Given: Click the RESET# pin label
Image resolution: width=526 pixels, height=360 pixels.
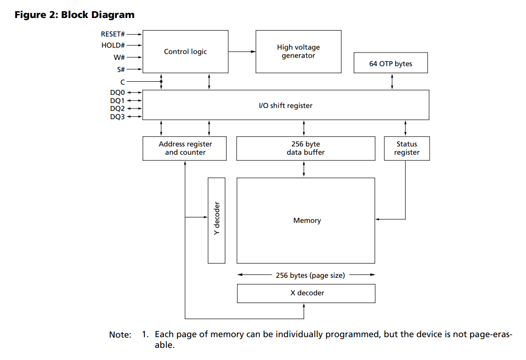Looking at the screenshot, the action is tap(113, 34).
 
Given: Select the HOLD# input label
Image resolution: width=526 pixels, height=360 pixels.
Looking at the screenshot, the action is tap(113, 45).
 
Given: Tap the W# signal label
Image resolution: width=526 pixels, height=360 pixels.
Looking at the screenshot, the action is tap(119, 57).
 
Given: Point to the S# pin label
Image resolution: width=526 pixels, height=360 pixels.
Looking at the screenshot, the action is tap(121, 70).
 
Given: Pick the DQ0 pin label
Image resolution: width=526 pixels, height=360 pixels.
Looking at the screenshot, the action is tap(117, 92).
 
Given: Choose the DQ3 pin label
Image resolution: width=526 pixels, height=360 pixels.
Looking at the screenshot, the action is tap(117, 117).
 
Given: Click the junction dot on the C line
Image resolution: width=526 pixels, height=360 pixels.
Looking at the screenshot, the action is tap(162, 82).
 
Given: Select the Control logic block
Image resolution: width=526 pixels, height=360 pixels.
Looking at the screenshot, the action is tap(185, 52).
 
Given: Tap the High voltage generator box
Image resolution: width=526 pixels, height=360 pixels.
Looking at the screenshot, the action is tap(299, 52).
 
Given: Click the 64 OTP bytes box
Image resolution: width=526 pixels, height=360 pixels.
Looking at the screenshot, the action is tap(391, 63).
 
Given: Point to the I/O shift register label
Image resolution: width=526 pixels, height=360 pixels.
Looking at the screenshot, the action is tap(286, 106).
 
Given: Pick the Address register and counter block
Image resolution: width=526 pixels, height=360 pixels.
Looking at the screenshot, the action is tap(184, 148).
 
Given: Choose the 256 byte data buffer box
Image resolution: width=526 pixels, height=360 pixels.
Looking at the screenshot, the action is tap(306, 148).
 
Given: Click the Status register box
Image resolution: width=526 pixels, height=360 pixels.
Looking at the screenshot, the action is tap(407, 148).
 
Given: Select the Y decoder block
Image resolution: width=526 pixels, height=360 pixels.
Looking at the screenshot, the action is tap(217, 220).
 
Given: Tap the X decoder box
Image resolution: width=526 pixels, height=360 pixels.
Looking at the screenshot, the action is tap(306, 293).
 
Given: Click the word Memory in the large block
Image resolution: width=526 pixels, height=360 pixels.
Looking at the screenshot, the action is tap(307, 220).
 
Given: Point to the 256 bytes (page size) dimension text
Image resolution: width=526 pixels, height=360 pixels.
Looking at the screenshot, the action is tap(310, 275).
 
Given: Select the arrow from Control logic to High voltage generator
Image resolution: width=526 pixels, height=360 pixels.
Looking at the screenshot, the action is tap(242, 52).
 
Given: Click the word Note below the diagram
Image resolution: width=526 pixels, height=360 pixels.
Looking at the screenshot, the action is tap(120, 335).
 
